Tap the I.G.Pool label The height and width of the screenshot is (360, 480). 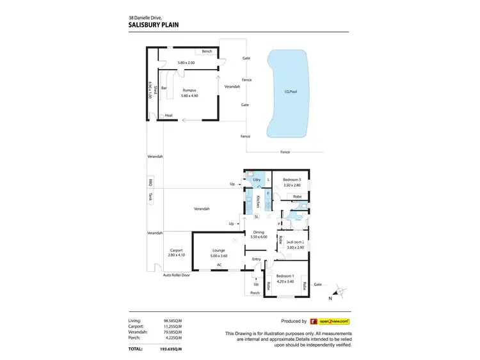[x=291, y=92]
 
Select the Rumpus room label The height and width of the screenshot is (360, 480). [x=189, y=90]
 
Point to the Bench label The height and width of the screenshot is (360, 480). [x=207, y=51]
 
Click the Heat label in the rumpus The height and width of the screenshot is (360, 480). [x=168, y=116]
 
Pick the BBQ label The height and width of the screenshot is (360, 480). [x=151, y=181]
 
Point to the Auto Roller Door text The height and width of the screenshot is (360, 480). [x=176, y=275]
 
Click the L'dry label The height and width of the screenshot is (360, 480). [x=257, y=180]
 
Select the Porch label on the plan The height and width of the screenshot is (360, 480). [x=253, y=293]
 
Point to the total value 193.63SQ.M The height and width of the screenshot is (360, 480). [x=170, y=349]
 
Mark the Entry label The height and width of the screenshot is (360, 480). [x=257, y=259]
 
